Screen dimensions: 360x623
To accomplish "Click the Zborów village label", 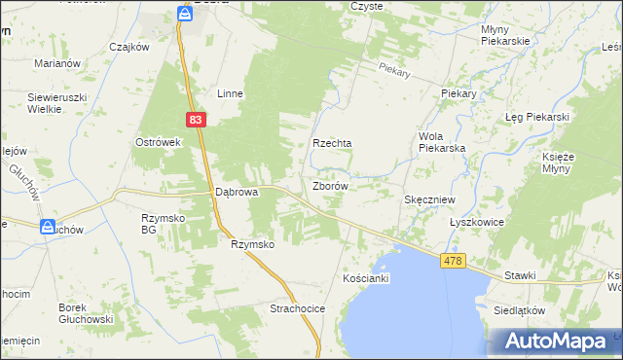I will point(330,185).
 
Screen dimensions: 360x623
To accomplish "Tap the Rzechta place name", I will point(331,143).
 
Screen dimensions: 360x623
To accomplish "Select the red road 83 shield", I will point(196,119).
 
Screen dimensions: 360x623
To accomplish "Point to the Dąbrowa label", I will point(236,193).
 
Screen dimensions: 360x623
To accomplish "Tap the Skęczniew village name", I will point(430,198).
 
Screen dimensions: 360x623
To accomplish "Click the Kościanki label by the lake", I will point(366,278).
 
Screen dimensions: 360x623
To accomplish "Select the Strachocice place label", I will point(297,308).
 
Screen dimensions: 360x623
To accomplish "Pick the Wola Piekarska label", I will point(442,142).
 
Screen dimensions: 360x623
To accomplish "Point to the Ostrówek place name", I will point(159,142).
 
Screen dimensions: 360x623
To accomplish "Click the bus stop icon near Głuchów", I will point(48,227).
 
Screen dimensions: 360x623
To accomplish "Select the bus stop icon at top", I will point(185,13).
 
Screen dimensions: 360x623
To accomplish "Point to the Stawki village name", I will point(520,275).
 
